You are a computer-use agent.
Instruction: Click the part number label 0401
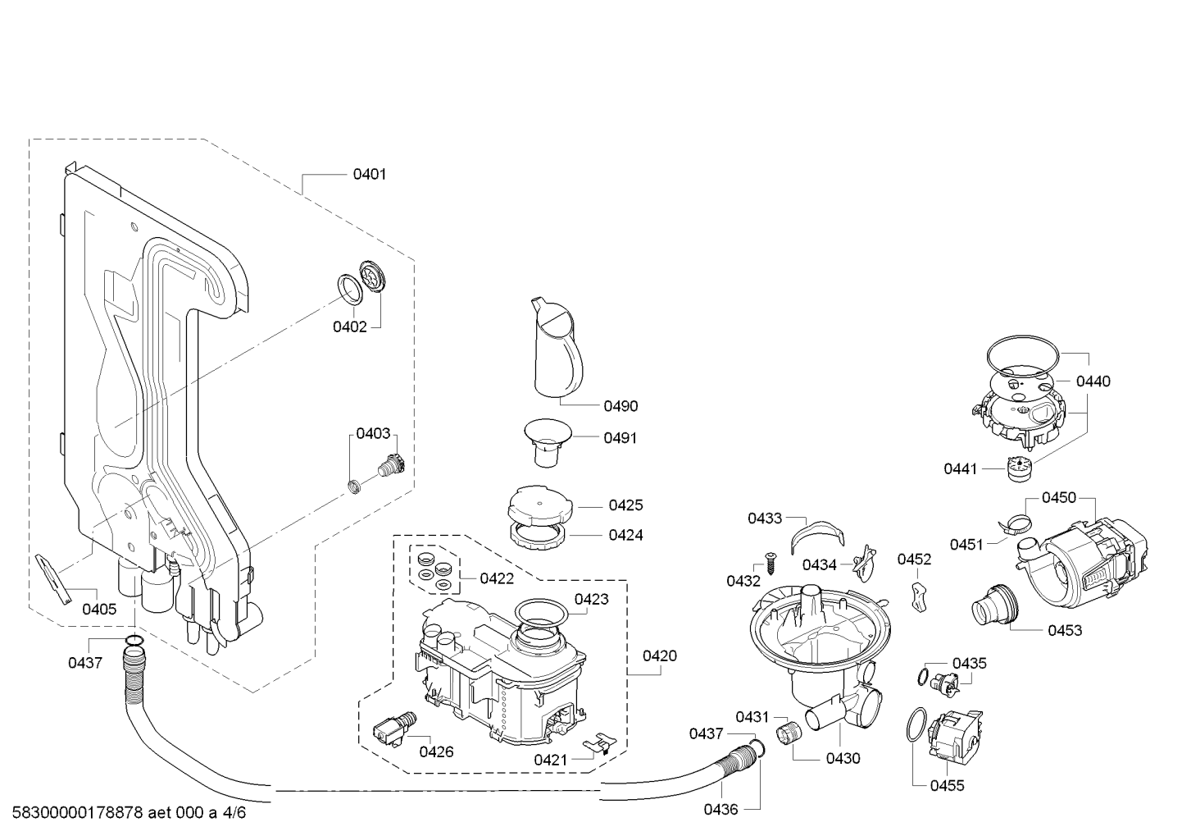369,174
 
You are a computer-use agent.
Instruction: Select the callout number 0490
621,406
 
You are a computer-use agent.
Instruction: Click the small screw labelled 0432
771,563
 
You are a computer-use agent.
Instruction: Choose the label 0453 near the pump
1065,630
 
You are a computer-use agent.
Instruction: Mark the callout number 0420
660,656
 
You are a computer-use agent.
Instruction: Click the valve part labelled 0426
393,728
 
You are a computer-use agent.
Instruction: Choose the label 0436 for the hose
722,809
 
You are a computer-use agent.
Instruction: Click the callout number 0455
947,786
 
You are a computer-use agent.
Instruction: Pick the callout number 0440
1093,381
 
